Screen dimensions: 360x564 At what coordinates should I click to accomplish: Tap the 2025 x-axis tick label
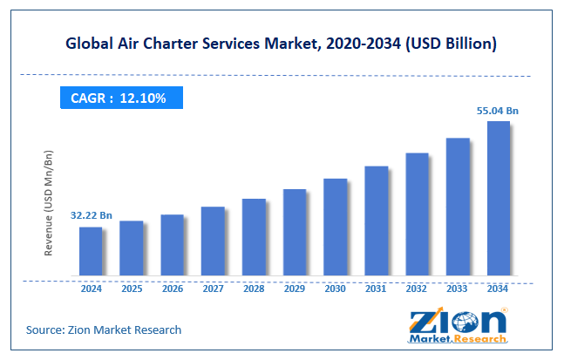point(132,288)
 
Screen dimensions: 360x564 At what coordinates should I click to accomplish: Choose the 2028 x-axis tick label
point(254,288)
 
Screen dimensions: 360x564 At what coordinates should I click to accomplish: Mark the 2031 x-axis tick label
point(376,288)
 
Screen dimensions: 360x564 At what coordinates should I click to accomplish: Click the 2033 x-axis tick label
point(458,288)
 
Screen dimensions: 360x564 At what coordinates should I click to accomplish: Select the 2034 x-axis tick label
point(499,288)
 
